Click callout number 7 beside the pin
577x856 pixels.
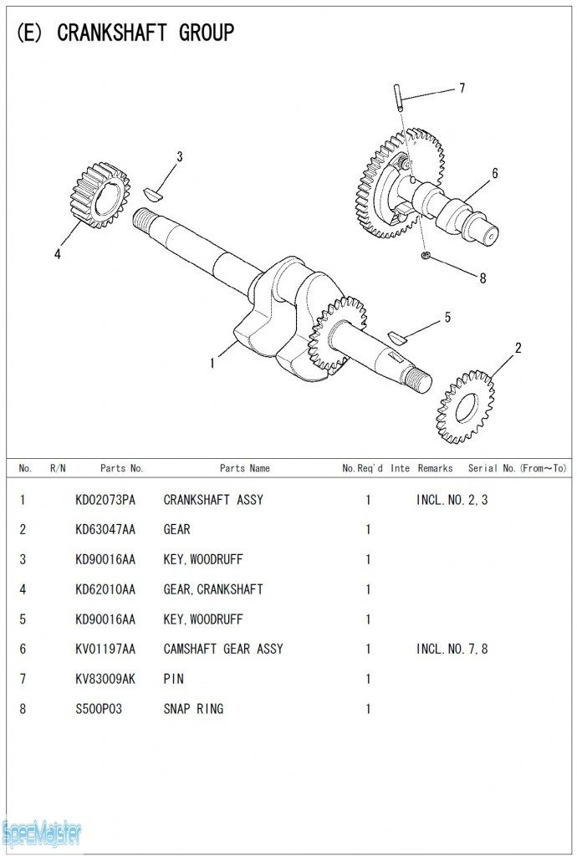[x=462, y=89]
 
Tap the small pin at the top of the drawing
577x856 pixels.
[x=400, y=97]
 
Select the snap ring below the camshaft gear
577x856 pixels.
[x=426, y=254]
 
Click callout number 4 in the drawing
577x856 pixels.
[x=58, y=255]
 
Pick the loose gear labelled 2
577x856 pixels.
[x=464, y=407]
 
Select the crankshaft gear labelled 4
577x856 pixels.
[x=98, y=196]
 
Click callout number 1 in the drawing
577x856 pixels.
[x=212, y=363]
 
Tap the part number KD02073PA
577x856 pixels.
[x=105, y=500]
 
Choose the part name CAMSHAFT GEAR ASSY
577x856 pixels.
[x=223, y=649]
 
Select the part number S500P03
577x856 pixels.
[x=99, y=709]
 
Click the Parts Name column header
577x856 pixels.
[x=245, y=468]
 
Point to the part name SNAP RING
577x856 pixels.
[x=193, y=709]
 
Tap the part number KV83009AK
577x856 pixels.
[x=105, y=679]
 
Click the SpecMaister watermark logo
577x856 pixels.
[x=42, y=833]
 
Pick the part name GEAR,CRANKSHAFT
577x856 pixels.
[x=213, y=589]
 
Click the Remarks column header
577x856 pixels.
[x=435, y=468]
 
